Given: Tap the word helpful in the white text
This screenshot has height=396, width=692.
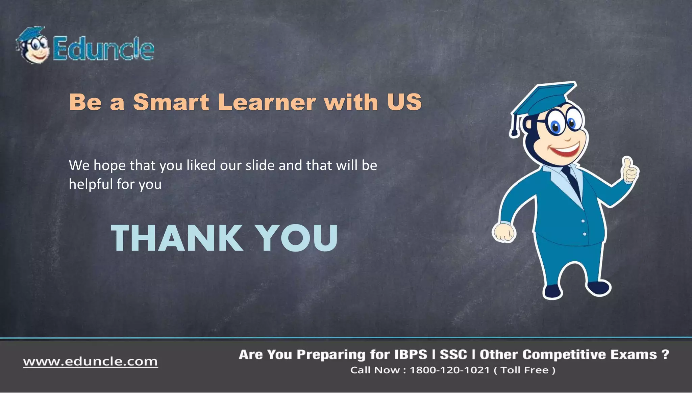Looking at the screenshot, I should click(x=91, y=184).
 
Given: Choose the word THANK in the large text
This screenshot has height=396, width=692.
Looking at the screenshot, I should click(x=177, y=238).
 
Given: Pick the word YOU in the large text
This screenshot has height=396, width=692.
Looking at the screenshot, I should click(x=296, y=238).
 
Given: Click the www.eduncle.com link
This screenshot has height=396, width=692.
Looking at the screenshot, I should click(x=90, y=362).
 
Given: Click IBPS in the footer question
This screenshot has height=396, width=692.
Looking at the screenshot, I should click(x=411, y=355).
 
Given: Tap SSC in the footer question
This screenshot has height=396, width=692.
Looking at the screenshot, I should click(x=453, y=355).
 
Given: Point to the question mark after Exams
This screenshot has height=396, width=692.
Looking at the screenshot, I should click(x=665, y=354).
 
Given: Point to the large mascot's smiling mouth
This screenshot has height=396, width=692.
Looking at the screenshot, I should click(x=566, y=149).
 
